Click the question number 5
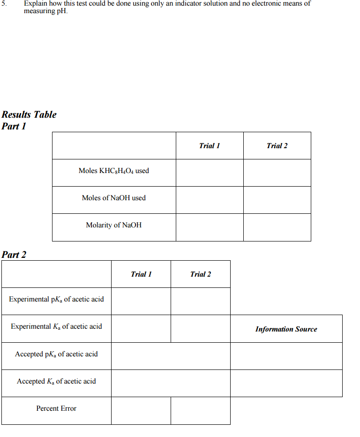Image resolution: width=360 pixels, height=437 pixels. (x=4, y=4)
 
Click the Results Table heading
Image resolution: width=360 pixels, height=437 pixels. (x=29, y=114)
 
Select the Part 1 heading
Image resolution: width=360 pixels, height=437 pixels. (x=14, y=126)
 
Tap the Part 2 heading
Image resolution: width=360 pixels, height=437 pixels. (x=14, y=255)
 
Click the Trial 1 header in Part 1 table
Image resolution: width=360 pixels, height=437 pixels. (x=210, y=146)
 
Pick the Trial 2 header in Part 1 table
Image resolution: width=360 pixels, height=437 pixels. (x=277, y=146)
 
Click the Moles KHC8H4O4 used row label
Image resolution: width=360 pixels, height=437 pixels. (x=114, y=171)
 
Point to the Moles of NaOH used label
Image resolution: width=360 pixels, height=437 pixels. (x=114, y=198)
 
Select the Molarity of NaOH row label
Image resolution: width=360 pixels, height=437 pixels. (x=114, y=225)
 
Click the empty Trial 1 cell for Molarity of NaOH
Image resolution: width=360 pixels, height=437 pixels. (x=210, y=227)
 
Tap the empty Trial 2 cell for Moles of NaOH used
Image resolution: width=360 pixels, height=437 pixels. (x=277, y=200)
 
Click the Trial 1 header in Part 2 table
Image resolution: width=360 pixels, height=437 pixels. (x=141, y=274)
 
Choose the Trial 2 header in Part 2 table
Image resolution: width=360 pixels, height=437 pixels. (x=201, y=274)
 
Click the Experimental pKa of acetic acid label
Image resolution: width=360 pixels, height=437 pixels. (x=56, y=299)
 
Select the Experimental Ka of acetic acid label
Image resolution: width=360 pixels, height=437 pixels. (x=56, y=326)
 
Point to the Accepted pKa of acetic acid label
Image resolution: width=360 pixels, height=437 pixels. (x=56, y=354)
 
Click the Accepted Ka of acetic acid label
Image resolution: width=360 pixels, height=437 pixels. (x=56, y=381)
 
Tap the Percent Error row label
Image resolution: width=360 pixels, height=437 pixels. (x=56, y=408)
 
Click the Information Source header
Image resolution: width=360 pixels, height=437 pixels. (x=286, y=329)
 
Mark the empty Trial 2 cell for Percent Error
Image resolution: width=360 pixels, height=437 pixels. (x=201, y=411)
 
